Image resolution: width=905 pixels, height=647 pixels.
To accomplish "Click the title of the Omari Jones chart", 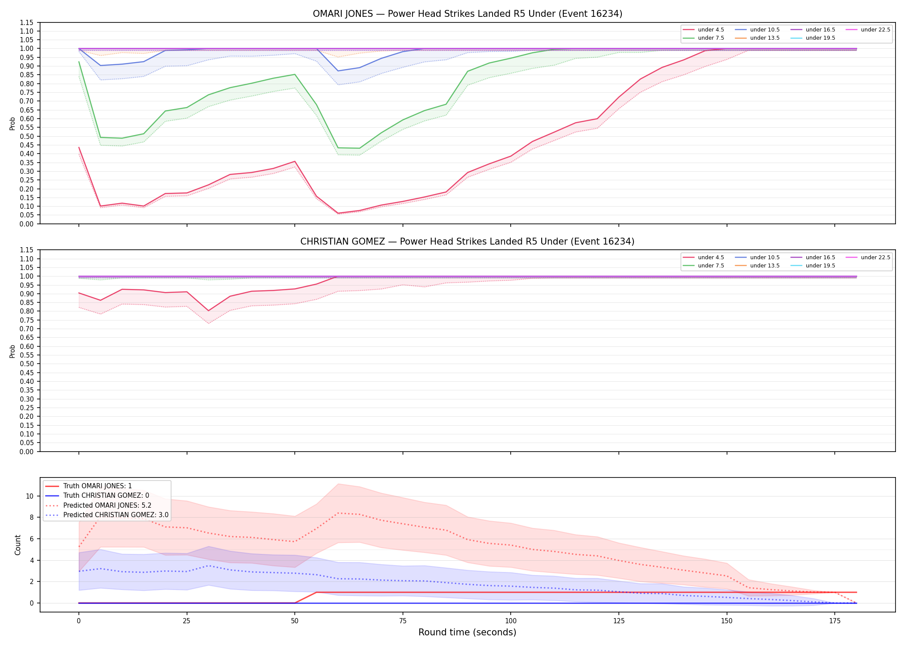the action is point(468,14).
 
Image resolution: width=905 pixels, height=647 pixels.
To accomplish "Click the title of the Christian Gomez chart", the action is point(468,242).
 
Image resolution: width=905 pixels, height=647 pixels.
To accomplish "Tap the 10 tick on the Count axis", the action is point(30,496).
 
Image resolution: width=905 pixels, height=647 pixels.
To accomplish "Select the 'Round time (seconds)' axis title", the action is point(468,632).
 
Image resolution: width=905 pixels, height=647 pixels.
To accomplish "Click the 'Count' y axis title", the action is point(18,545).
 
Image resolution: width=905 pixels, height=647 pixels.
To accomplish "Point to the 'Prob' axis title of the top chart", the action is point(12,123).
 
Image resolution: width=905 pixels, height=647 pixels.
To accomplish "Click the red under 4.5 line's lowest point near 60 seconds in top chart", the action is point(338,213).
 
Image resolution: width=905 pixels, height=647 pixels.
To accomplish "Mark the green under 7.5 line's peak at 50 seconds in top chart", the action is point(295,75).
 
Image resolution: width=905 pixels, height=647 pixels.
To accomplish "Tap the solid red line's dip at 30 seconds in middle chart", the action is point(209,311).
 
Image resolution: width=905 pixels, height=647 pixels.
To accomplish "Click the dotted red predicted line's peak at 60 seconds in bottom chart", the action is point(338,513).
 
